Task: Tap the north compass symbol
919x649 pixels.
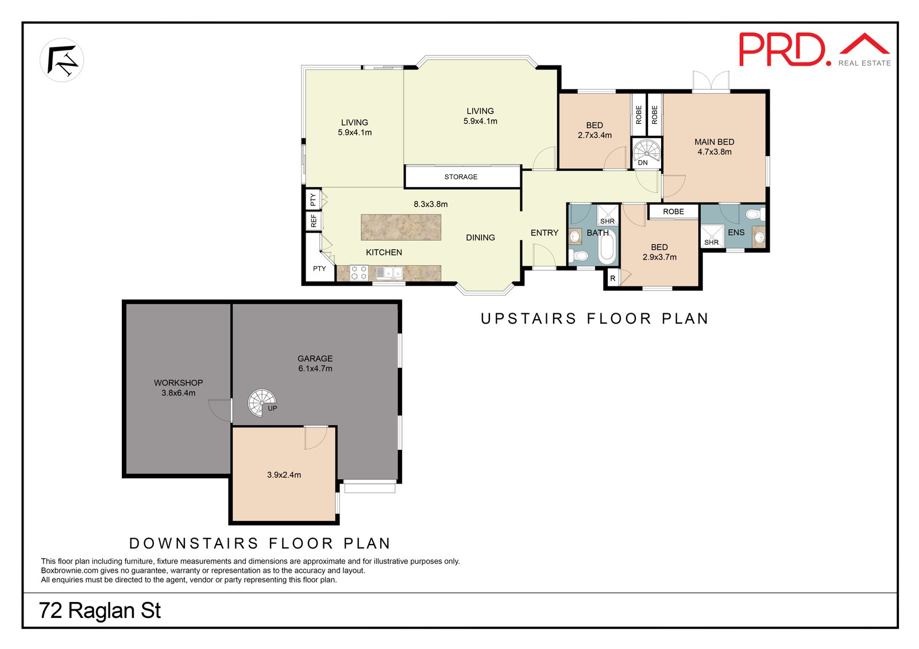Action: pyautogui.click(x=62, y=60)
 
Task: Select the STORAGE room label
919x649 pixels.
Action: pyautogui.click(x=461, y=177)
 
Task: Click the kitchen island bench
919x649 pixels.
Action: pyautogui.click(x=401, y=227)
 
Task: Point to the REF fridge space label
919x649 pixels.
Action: pyautogui.click(x=314, y=220)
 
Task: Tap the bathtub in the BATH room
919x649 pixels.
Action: pyautogui.click(x=607, y=247)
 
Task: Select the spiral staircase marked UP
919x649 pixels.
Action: pyautogui.click(x=262, y=403)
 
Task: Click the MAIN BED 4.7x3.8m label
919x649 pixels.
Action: pyautogui.click(x=715, y=147)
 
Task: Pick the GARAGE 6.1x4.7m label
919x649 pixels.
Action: pyautogui.click(x=315, y=363)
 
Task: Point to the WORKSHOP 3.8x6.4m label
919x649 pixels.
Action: pyautogui.click(x=179, y=387)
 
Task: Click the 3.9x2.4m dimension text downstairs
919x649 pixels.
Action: pyautogui.click(x=284, y=475)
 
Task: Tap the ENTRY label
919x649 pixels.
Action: pyautogui.click(x=545, y=233)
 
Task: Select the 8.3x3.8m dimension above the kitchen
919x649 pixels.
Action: pyautogui.click(x=430, y=204)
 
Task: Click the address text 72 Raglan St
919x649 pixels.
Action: pyautogui.click(x=100, y=611)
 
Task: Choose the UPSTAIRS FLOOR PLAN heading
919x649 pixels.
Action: pyautogui.click(x=595, y=318)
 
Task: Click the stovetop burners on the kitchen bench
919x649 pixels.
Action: pyautogui.click(x=358, y=273)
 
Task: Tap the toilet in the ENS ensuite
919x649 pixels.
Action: pyautogui.click(x=755, y=213)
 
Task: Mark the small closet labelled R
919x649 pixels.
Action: pyautogui.click(x=612, y=278)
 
